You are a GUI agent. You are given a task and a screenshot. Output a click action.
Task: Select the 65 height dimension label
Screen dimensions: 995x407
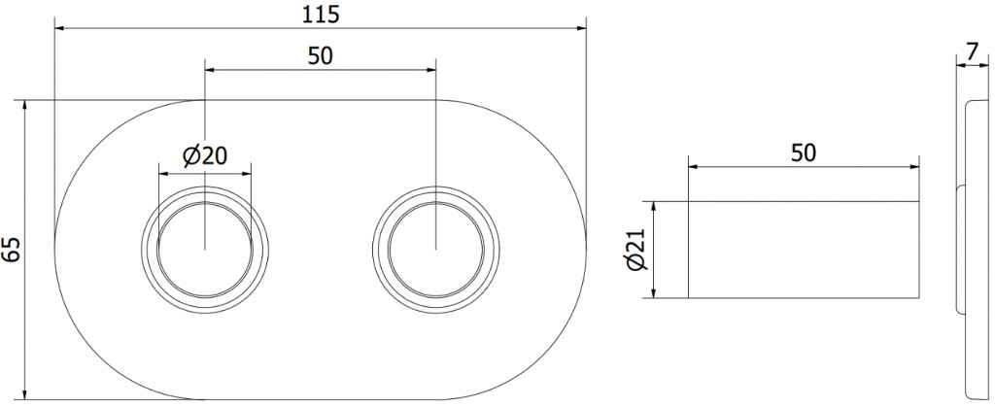[x=12, y=250]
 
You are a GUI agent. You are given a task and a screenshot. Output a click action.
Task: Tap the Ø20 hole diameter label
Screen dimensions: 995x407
[x=205, y=155]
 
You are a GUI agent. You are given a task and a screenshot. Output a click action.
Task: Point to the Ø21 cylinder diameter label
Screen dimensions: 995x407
[x=636, y=250]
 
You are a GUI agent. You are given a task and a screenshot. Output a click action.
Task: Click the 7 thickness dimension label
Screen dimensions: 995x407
[x=971, y=53]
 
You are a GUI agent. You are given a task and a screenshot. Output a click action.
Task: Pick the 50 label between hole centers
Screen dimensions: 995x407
[x=321, y=55]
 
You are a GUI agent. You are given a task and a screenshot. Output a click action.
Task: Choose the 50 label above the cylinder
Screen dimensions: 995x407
[x=804, y=153]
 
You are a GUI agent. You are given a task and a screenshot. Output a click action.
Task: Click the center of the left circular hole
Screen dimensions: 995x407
[x=205, y=249]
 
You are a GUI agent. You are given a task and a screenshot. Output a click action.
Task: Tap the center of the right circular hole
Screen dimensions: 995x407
[x=436, y=249]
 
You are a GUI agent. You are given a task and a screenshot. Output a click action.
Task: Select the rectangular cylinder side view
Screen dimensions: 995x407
[x=804, y=250]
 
